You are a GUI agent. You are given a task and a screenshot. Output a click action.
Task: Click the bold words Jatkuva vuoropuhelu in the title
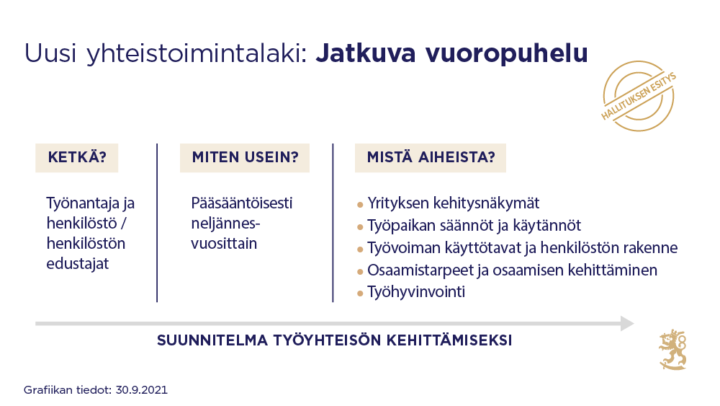coord(451,54)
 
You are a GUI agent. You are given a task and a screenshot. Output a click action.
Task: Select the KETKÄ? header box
coord(77,158)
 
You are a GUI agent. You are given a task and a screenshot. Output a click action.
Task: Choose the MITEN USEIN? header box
coord(245,158)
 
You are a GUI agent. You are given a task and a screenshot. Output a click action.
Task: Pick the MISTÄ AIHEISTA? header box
coord(431,158)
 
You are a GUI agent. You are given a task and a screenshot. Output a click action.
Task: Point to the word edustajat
coord(77,263)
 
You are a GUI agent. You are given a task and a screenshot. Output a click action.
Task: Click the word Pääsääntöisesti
coord(242,203)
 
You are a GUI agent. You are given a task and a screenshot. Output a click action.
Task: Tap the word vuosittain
coord(224,243)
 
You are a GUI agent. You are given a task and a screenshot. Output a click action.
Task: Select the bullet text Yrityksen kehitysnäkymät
coord(454,203)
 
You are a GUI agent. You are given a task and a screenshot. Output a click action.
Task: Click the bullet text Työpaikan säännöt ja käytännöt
coord(474,226)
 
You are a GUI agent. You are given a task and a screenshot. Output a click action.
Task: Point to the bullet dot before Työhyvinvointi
coord(360,294)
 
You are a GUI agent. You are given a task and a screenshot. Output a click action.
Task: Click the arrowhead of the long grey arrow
coord(626,324)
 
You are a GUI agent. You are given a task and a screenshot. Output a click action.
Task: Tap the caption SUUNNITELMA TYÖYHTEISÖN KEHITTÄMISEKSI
coord(335,340)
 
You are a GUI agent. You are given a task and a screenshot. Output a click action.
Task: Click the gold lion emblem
coord(672,350)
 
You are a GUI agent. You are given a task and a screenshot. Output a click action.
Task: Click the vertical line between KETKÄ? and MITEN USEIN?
coord(157,222)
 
